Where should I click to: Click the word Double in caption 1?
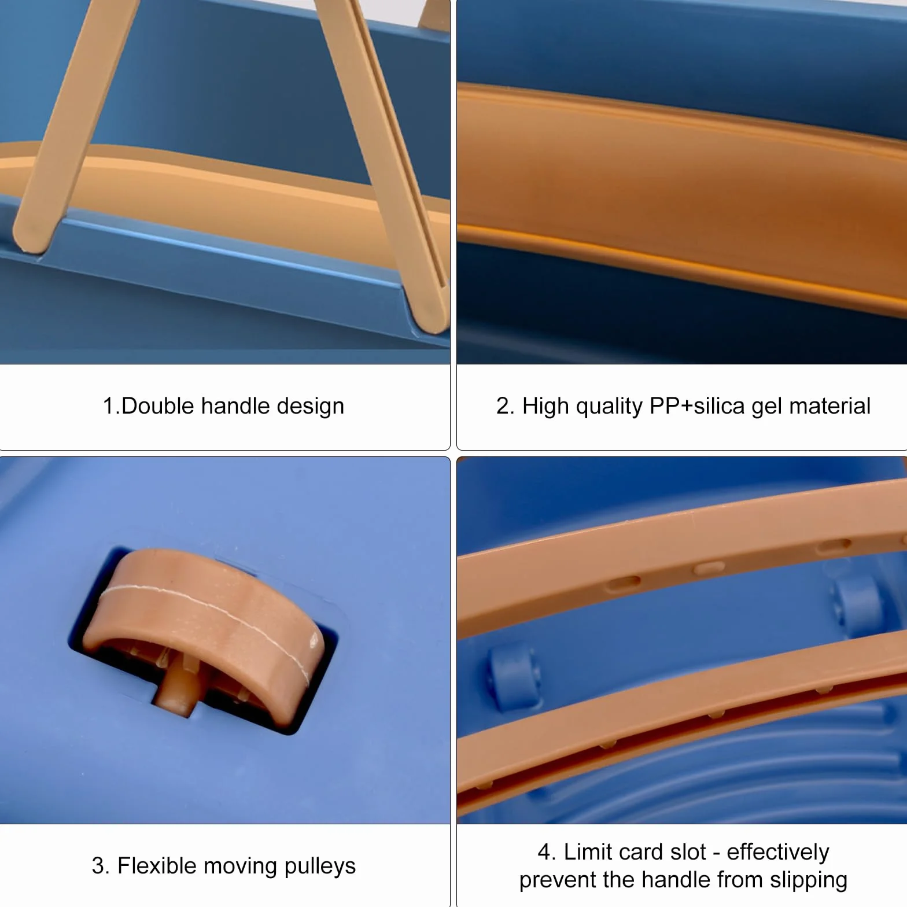tap(157, 405)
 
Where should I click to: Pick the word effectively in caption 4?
tap(778, 853)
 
